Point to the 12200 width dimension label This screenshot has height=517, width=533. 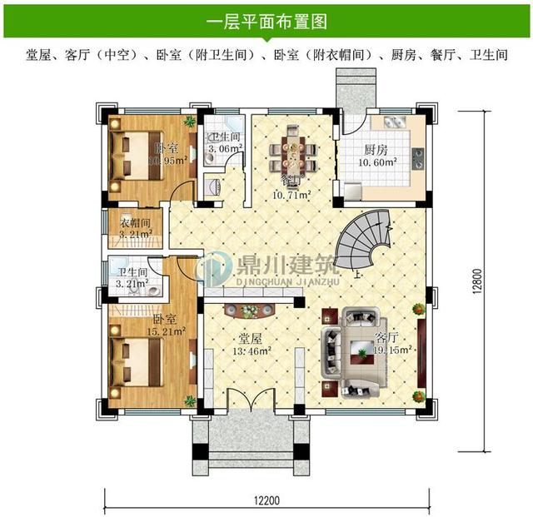click(268, 500)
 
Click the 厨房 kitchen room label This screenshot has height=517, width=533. click(376, 151)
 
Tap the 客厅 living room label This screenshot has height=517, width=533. click(386, 338)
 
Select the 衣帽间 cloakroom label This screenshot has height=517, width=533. click(134, 223)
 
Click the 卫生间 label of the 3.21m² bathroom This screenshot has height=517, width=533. click(132, 272)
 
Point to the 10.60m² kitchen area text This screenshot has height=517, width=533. click(380, 163)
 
